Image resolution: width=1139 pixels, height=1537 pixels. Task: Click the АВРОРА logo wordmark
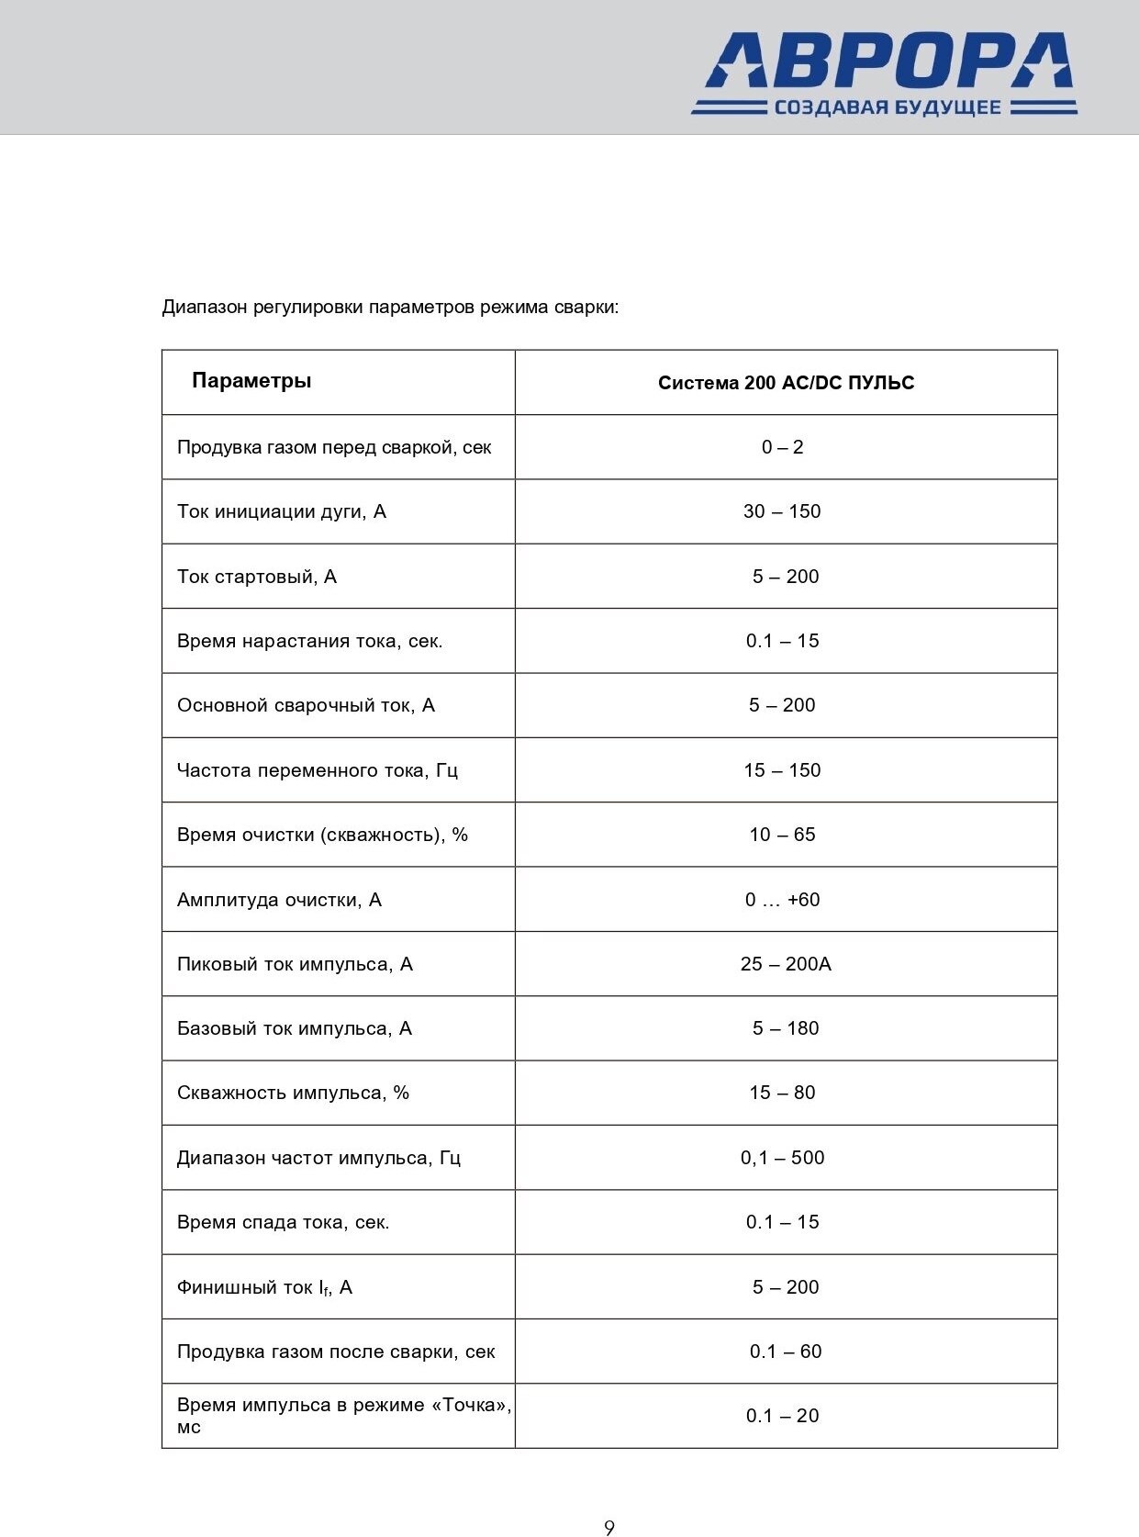[x=888, y=61]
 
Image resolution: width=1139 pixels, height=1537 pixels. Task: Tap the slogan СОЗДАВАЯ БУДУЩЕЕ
[x=887, y=107]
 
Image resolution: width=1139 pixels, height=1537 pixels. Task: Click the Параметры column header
[x=251, y=381]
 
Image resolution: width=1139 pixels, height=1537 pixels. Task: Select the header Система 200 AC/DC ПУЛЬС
[x=786, y=383]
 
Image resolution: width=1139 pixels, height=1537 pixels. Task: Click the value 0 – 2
[x=782, y=447]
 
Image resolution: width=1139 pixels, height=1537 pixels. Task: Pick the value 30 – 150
[x=782, y=511]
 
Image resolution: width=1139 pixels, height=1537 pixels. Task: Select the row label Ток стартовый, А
[x=257, y=577]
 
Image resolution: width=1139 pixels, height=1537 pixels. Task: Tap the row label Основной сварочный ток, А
[x=306, y=705]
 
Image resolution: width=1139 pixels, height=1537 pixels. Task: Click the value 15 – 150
[x=782, y=770]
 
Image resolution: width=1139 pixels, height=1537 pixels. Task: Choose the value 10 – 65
[x=782, y=835]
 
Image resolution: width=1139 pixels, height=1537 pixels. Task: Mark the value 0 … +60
[x=782, y=900]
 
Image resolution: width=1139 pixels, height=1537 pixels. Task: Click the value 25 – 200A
[x=786, y=964]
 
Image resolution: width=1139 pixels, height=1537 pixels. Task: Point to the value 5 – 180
[x=786, y=1028]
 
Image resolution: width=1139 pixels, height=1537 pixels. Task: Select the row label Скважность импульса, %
[x=293, y=1093]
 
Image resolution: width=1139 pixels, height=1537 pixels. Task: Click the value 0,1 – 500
[x=782, y=1158]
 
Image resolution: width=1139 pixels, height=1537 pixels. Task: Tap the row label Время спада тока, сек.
[x=283, y=1222]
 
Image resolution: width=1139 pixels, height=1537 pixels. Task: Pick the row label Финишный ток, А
[x=264, y=1287]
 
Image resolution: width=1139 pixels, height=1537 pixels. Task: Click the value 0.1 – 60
[x=786, y=1352]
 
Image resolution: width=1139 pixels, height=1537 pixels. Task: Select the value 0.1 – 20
[x=782, y=1416]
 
